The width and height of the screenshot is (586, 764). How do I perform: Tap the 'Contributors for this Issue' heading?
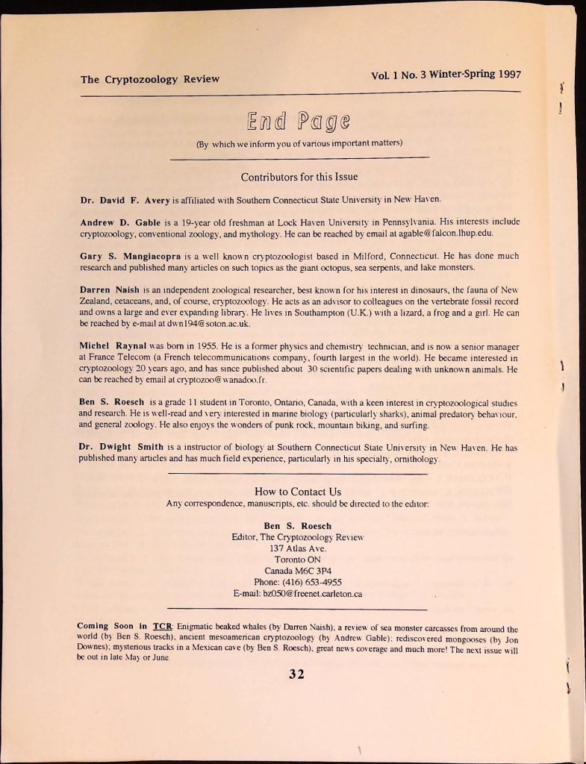coord(299,177)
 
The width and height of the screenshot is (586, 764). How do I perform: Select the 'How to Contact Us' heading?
coord(298,491)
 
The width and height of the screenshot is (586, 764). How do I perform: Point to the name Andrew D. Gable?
coord(119,222)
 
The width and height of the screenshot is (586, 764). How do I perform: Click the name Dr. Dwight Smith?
coord(121,447)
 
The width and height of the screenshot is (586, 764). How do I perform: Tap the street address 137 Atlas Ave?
coord(298,548)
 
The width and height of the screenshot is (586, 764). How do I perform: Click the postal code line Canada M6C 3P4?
coord(298,571)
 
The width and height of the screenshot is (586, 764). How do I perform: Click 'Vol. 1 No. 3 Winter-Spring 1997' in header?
coord(446,75)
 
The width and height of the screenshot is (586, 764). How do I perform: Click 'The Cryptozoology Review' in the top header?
coord(150,79)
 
